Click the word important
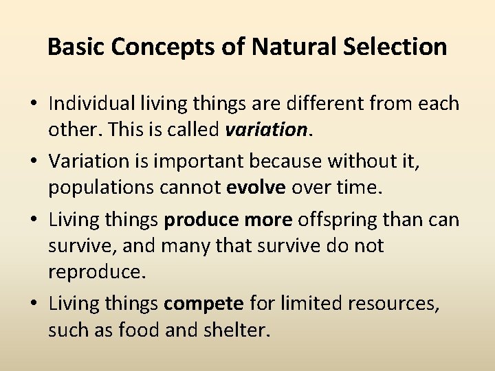[x=183, y=161]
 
